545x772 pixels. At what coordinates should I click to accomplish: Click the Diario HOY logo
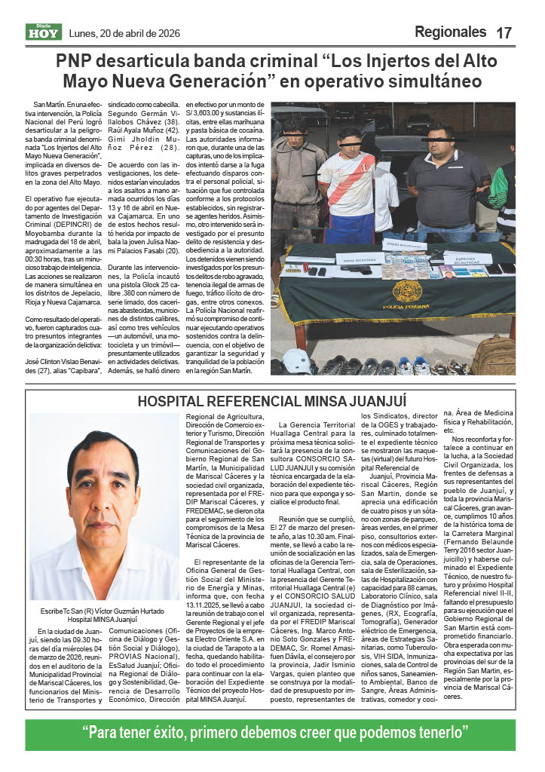(x=44, y=32)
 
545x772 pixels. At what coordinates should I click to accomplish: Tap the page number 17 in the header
(x=504, y=32)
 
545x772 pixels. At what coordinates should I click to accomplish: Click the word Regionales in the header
(x=450, y=32)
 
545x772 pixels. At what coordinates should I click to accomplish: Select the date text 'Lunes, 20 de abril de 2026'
(x=124, y=33)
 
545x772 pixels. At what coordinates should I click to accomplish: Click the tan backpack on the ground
(x=494, y=354)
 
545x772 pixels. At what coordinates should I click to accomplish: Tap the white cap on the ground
(x=296, y=360)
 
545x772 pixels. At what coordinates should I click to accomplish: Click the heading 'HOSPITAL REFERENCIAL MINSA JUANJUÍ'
(x=272, y=400)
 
